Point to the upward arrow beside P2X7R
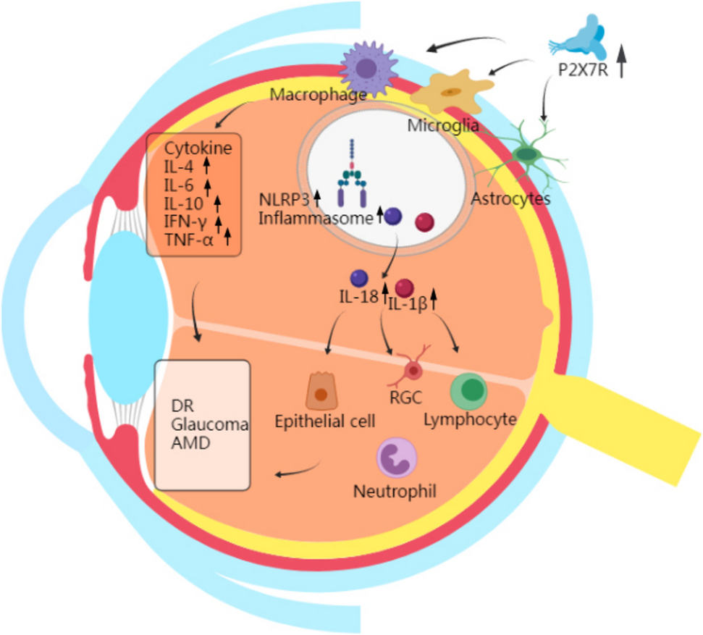coord(621,61)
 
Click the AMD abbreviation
coord(186,443)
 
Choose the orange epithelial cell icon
coord(320,392)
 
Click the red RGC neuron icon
coord(413,370)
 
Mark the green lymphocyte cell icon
coord(468,392)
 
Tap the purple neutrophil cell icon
coord(396,460)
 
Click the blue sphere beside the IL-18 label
coord(358,278)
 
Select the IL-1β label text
coord(407,303)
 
